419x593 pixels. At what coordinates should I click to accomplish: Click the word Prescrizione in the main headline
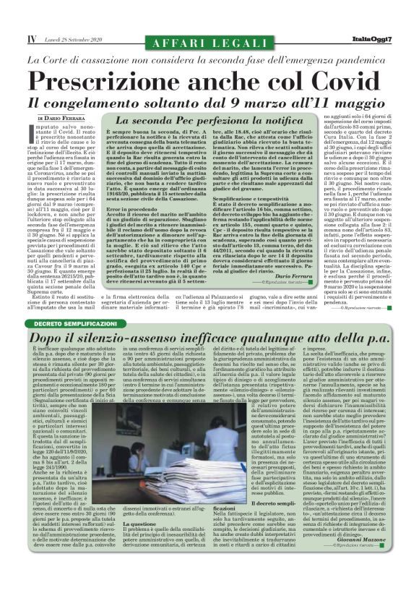coord(115,80)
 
